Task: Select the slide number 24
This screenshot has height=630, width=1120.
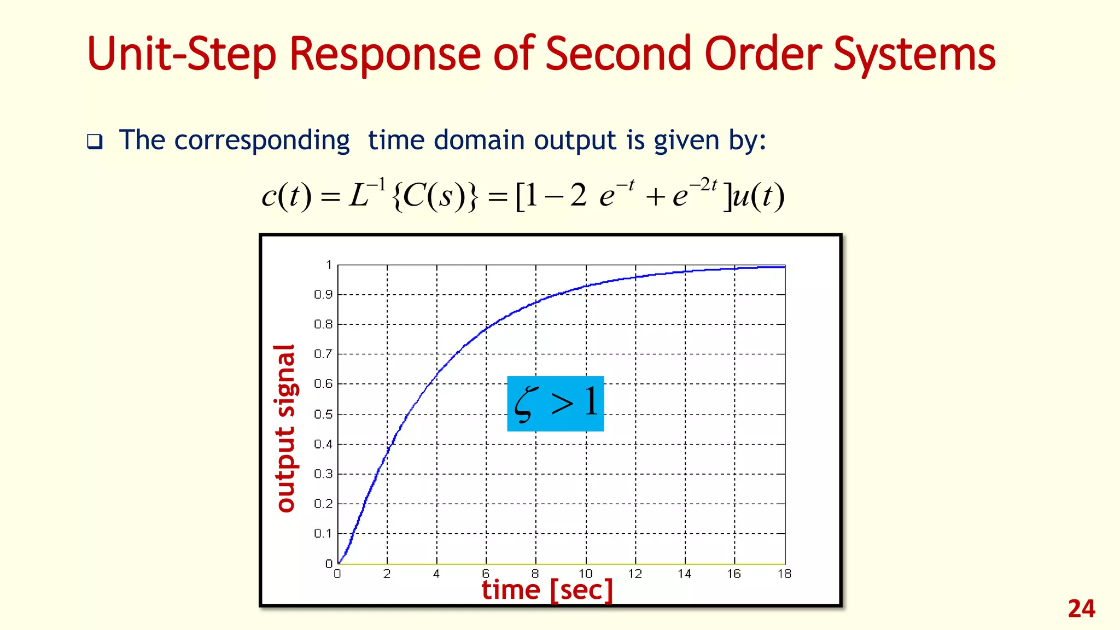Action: [x=1081, y=609]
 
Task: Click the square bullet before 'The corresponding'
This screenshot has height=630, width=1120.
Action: [x=95, y=142]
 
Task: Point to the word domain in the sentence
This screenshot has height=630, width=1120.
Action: [x=479, y=140]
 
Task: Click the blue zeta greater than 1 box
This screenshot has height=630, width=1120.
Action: [x=555, y=404]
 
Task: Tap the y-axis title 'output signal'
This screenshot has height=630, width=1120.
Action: [x=285, y=428]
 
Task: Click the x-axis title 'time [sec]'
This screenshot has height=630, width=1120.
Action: [x=547, y=590]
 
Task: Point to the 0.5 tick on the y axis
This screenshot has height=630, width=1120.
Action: [x=323, y=415]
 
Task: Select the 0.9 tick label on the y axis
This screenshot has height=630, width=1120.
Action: [x=323, y=295]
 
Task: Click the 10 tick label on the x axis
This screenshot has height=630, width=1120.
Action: [x=585, y=574]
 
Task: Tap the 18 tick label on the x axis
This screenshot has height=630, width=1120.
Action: [x=784, y=574]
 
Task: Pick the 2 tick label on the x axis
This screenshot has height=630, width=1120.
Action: [x=387, y=574]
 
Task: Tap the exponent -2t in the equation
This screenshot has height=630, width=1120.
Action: [x=703, y=185]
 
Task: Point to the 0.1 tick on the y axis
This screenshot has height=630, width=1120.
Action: [x=323, y=533]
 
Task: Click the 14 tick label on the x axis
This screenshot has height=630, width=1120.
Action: [x=684, y=574]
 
